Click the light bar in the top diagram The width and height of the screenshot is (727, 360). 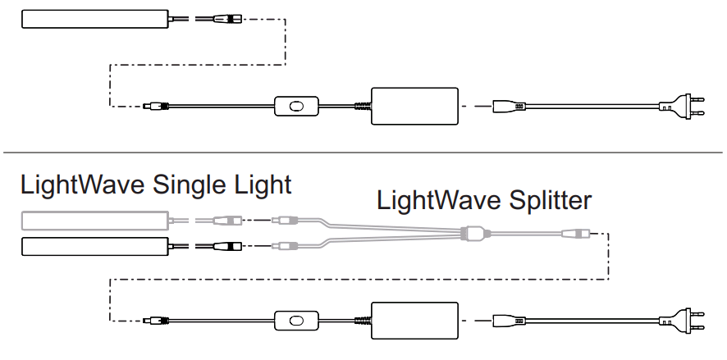[x=95, y=18]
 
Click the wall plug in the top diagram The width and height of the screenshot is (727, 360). [x=681, y=106]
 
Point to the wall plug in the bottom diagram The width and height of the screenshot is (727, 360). [x=681, y=321]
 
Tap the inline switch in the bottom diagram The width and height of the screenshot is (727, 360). [x=297, y=321]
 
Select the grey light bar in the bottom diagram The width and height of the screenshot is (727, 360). [x=95, y=220]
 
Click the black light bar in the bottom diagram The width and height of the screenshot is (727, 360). [x=95, y=245]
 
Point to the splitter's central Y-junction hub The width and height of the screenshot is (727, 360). [x=473, y=233]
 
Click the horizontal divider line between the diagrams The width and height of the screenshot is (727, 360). [x=363, y=153]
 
